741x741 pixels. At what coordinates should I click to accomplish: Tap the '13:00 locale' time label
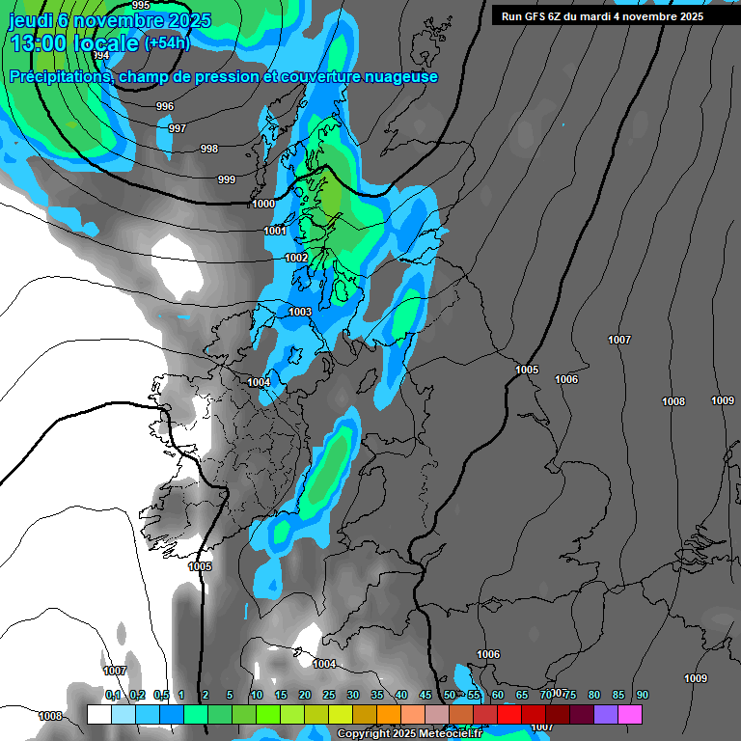73,43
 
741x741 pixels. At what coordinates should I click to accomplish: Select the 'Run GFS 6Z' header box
603,16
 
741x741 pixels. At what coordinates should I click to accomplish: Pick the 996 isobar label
165,107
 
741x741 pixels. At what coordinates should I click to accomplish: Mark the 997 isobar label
178,128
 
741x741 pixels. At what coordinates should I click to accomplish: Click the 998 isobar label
209,149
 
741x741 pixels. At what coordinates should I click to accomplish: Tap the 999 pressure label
227,179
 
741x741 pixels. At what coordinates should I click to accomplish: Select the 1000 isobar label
263,205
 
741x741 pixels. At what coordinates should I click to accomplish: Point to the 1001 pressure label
275,232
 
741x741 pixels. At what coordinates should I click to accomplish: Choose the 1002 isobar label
296,259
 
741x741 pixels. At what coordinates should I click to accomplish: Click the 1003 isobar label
300,312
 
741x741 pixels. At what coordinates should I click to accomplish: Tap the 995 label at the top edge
141,6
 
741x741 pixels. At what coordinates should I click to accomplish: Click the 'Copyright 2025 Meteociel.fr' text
409,734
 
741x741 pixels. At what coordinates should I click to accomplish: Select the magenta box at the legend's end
630,714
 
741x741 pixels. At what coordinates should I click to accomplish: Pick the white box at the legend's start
98,714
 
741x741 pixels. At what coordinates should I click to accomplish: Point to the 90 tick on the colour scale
642,696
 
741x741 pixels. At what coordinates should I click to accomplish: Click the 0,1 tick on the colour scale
113,696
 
